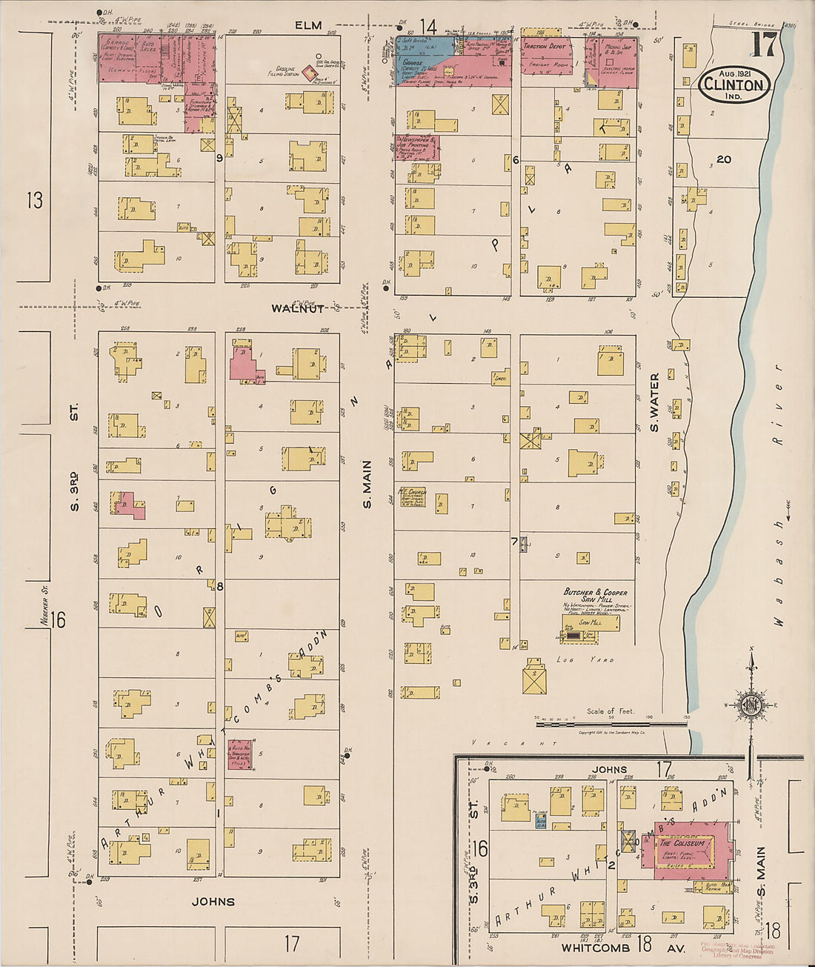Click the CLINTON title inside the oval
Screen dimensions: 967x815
(x=734, y=84)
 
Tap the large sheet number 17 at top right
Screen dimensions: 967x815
(x=763, y=45)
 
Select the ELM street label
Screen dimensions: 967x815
(x=308, y=25)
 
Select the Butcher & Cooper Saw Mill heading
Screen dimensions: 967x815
(x=595, y=596)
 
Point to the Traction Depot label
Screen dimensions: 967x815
(x=545, y=46)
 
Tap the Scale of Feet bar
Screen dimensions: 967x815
(x=611, y=718)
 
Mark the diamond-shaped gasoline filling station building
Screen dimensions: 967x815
(x=309, y=73)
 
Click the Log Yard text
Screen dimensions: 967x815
(x=585, y=659)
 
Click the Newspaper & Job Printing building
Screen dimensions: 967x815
(x=416, y=147)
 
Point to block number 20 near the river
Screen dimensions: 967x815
(x=723, y=159)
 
